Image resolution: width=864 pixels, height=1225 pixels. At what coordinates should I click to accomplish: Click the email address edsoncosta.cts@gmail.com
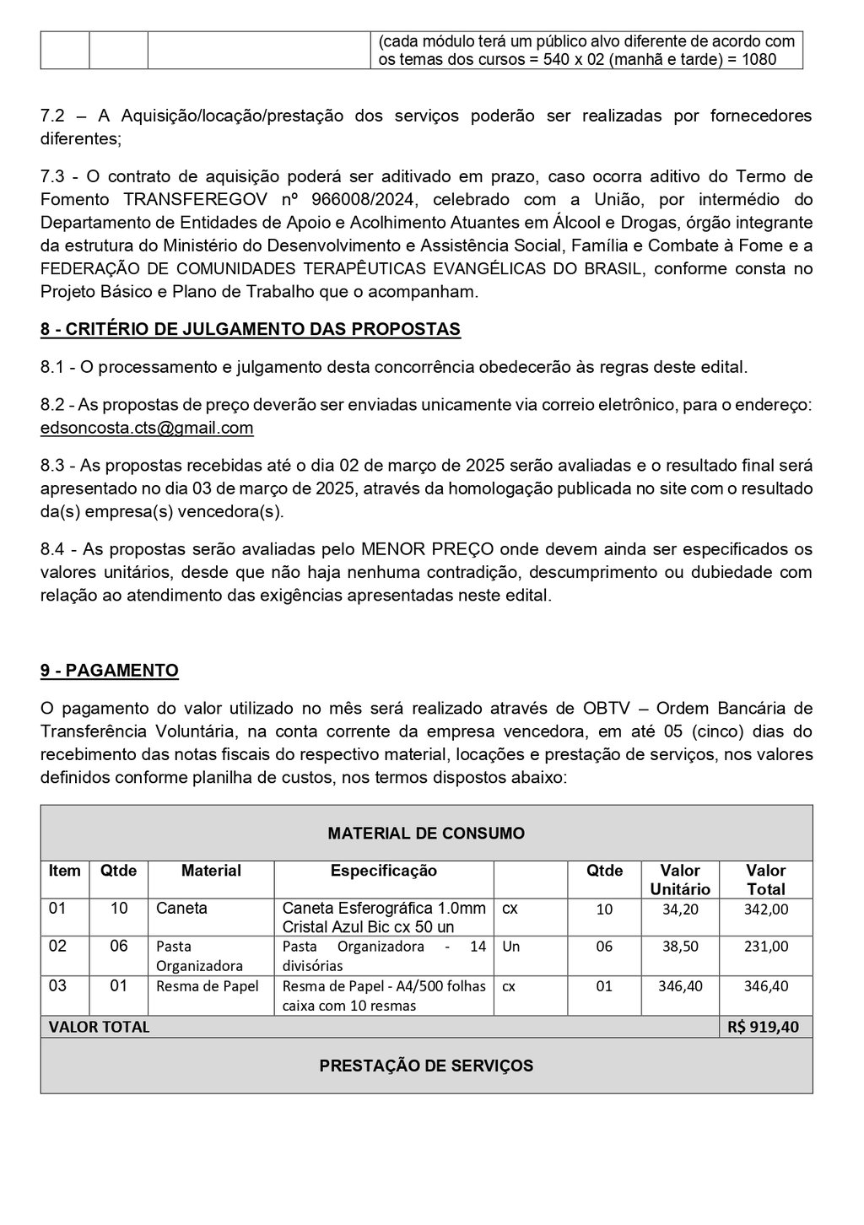tap(147, 428)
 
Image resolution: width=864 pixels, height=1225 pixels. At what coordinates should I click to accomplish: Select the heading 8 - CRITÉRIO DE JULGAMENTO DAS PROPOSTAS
tap(251, 329)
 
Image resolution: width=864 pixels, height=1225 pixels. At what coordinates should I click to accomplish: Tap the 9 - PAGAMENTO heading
tap(110, 671)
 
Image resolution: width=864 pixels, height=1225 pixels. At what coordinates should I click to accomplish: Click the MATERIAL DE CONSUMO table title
tap(426, 834)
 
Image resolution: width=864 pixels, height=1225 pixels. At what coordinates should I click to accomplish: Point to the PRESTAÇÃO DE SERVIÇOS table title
tap(426, 1066)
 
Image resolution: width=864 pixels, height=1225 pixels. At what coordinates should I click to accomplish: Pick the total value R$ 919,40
tap(764, 1027)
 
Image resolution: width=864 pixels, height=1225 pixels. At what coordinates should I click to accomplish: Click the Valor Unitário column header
tap(680, 879)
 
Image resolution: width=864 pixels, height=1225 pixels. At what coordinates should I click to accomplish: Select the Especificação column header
tap(384, 871)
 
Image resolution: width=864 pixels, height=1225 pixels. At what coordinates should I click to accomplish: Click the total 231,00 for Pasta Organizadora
tap(766, 947)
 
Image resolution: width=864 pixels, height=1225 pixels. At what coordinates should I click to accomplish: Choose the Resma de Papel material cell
tap(208, 985)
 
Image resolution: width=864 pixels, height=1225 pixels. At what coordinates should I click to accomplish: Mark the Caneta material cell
tap(181, 909)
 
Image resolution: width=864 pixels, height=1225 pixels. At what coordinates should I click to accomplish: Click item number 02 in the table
tap(57, 947)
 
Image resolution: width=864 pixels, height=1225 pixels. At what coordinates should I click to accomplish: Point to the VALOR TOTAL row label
tap(99, 1027)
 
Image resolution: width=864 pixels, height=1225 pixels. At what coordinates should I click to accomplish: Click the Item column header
tap(65, 871)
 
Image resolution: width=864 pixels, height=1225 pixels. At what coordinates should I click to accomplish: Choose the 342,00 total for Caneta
tap(766, 909)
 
